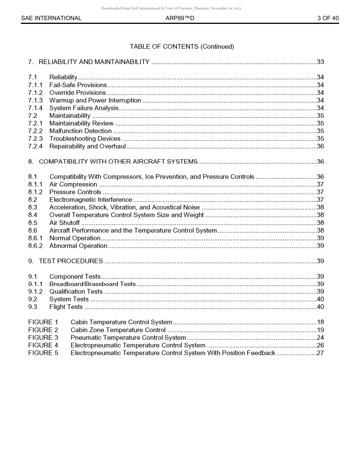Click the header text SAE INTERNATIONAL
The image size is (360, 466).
click(x=51, y=18)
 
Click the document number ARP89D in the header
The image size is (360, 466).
click(x=180, y=18)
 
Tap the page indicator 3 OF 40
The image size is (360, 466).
click(x=328, y=18)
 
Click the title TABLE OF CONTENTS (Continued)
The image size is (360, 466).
click(x=182, y=47)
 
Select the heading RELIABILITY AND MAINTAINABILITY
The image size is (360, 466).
click(x=94, y=62)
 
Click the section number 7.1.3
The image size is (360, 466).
click(x=35, y=100)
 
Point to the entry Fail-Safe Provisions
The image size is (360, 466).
click(x=78, y=85)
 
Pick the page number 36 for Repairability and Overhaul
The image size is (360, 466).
click(x=320, y=146)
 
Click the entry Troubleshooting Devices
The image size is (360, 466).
click(x=85, y=139)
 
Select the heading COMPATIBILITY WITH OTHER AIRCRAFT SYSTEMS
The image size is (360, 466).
click(x=118, y=162)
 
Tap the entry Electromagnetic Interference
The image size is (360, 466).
click(x=91, y=200)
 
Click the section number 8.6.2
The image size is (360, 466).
click(x=35, y=246)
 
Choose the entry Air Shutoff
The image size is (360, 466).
click(x=64, y=223)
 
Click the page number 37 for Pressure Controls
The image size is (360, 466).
click(x=320, y=192)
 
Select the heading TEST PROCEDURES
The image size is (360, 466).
click(x=70, y=261)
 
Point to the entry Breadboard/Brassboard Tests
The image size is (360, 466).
click(x=92, y=284)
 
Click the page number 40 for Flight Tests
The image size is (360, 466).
click(x=320, y=307)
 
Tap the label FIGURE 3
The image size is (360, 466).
click(x=43, y=338)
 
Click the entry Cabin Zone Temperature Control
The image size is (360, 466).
click(x=118, y=330)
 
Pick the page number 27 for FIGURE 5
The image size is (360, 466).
click(x=320, y=353)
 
